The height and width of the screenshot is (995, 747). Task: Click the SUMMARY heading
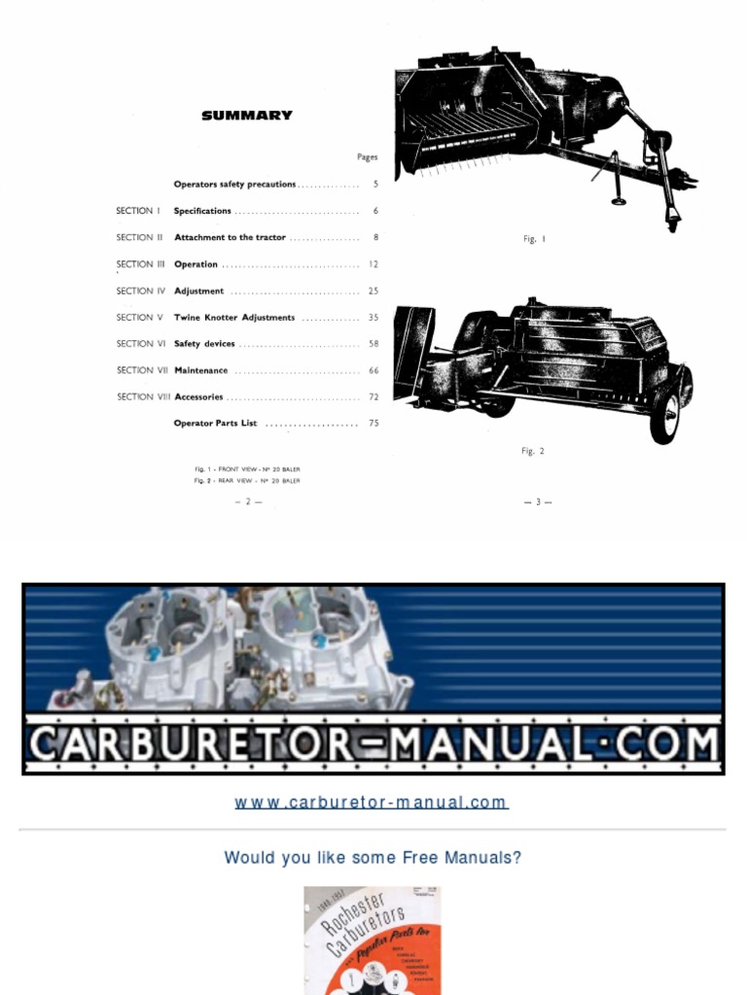246,116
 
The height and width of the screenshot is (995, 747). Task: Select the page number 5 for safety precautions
375,185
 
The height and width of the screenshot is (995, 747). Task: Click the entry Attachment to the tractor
230,237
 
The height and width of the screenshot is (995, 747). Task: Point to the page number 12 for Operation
373,264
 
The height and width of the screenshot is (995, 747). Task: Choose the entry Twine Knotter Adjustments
234,318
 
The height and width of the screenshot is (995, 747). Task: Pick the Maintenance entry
200,370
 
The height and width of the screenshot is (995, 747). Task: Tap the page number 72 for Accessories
373,397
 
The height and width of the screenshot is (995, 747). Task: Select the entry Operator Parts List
215,424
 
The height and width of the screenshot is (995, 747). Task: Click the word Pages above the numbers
367,156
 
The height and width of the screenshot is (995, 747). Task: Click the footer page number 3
538,501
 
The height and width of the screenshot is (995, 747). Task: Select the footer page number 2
248,501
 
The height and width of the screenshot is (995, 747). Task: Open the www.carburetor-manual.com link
371,803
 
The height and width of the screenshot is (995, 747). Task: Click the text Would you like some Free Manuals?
373,858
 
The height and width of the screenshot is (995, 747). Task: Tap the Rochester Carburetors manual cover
372,941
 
